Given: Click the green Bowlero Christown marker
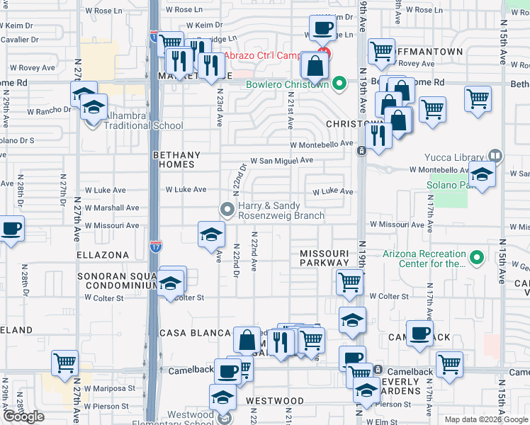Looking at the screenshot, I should tap(339, 85).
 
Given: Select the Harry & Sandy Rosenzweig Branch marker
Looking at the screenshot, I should tap(227, 209).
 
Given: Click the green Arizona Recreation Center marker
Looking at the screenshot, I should tap(477, 258).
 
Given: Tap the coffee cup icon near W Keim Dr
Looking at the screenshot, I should tap(323, 29).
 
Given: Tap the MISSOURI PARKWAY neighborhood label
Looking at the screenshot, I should tap(325, 258).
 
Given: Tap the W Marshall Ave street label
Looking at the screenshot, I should tap(112, 208).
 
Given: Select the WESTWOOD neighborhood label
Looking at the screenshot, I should tap(275, 401).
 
